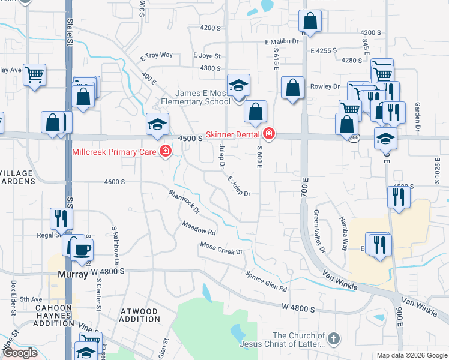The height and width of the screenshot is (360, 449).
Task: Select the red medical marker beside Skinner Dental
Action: [269, 133]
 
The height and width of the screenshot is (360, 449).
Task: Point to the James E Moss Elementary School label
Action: [202, 97]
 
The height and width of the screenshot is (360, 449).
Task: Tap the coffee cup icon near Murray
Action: [82, 248]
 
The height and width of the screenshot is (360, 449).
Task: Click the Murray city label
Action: [73, 273]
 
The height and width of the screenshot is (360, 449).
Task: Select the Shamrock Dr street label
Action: [184, 203]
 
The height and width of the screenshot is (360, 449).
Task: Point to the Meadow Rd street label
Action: [199, 228]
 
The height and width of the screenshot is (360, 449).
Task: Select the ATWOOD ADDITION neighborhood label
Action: [139, 316]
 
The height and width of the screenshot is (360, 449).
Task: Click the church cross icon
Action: [333, 340]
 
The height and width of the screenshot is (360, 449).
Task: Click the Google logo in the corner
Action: [20, 353]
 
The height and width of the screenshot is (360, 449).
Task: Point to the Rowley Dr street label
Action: [325, 86]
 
